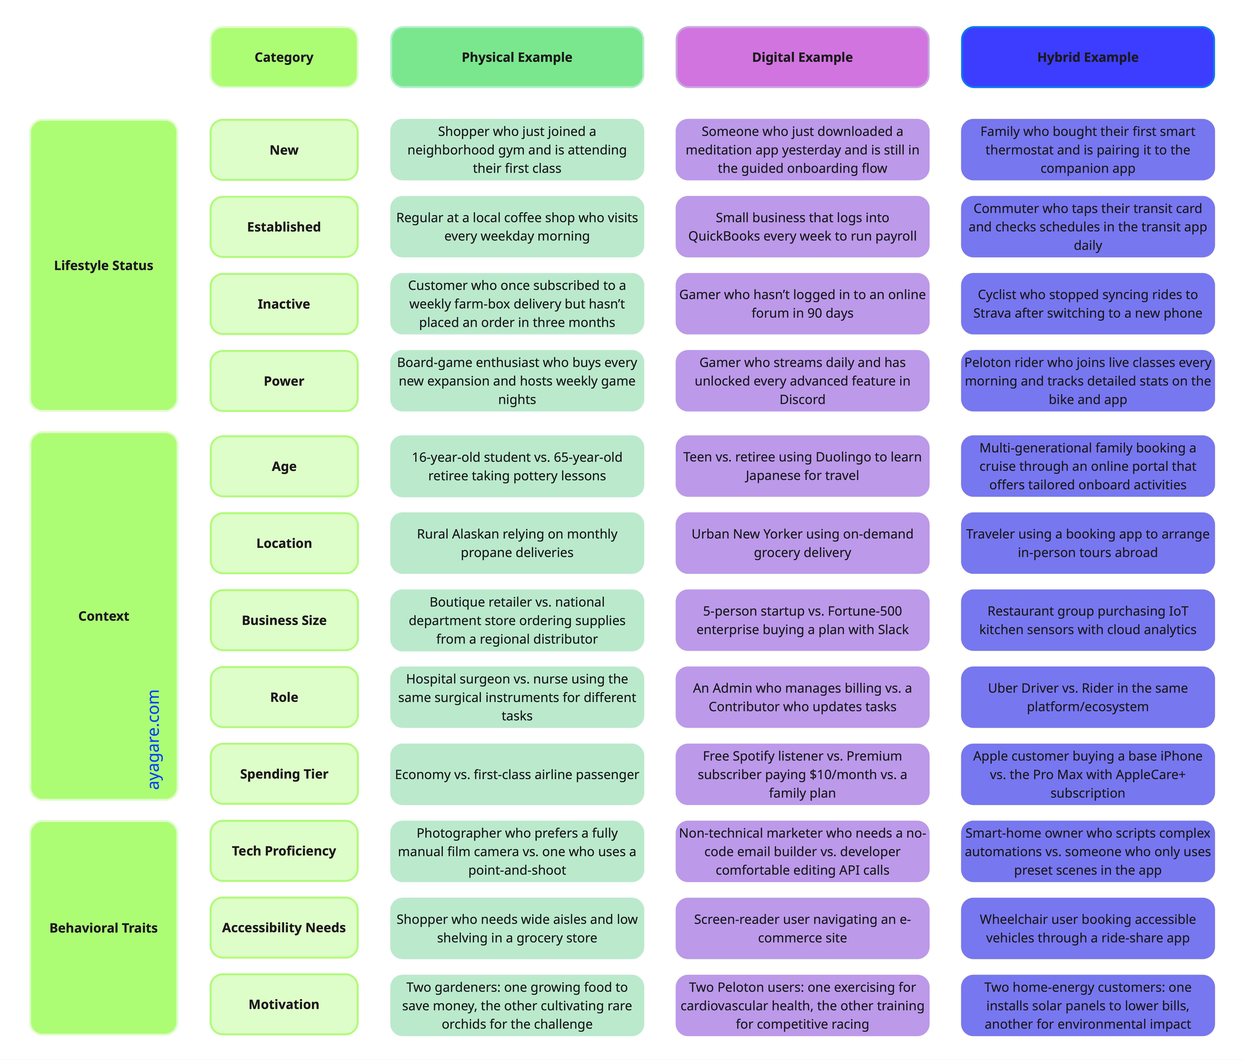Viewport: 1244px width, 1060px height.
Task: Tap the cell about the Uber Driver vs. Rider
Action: [1087, 697]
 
